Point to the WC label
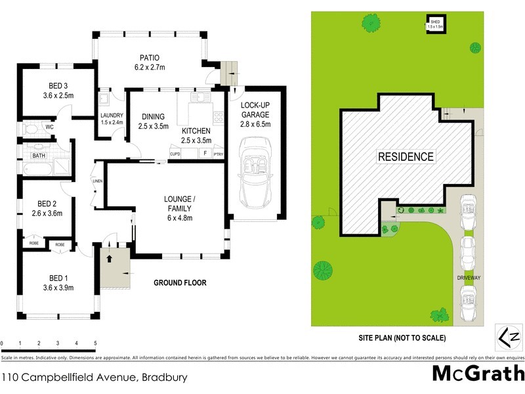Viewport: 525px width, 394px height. point(49,127)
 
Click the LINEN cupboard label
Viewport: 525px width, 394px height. point(97,181)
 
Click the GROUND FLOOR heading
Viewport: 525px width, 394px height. point(180,283)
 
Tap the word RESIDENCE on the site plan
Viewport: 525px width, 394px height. point(405,156)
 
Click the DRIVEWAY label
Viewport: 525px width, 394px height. point(469,278)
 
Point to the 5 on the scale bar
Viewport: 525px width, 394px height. point(96,343)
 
